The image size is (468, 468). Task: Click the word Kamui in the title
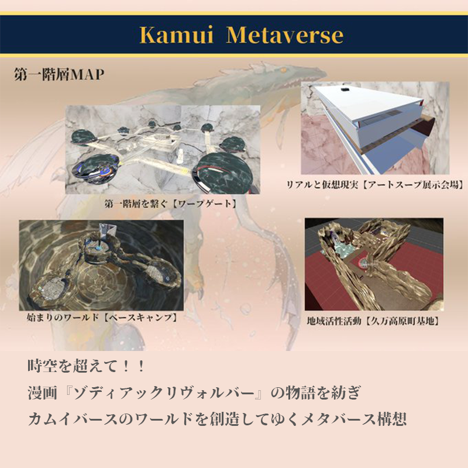pos(177,35)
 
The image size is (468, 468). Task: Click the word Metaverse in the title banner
pos(285,35)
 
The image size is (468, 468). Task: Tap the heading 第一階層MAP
pos(59,74)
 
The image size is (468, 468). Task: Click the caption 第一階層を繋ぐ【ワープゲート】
pos(171,204)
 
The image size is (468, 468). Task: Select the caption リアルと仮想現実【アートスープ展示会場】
pos(376,185)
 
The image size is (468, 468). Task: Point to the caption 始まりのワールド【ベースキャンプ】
pos(102,317)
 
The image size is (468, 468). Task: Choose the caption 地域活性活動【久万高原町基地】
pos(373,321)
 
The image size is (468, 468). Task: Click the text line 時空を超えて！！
pos(87,366)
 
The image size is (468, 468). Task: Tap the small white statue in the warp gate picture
pos(180,156)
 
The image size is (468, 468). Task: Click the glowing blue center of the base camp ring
pos(99,247)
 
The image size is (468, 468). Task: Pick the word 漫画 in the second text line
pos(42,393)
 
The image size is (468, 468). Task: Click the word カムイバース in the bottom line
pos(73,419)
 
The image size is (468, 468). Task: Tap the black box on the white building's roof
pos(345,90)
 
